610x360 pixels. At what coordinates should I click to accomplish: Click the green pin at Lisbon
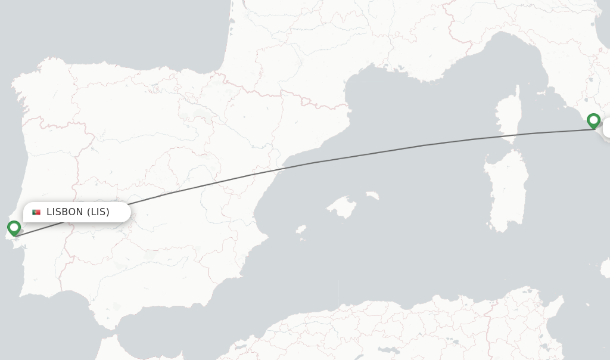pyautogui.click(x=14, y=228)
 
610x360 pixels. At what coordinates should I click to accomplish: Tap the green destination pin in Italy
pyautogui.click(x=593, y=120)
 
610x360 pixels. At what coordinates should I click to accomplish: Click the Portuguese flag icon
pyautogui.click(x=36, y=212)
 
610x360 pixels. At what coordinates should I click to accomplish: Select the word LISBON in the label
pyautogui.click(x=65, y=212)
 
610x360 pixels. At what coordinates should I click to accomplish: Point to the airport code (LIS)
pyautogui.click(x=98, y=212)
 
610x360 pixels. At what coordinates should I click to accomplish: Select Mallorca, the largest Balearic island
pyautogui.click(x=342, y=206)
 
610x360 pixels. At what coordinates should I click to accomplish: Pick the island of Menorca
pyautogui.click(x=372, y=195)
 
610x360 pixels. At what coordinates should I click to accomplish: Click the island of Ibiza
pyautogui.click(x=301, y=229)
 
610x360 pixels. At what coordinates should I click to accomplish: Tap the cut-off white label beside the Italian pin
pyautogui.click(x=606, y=128)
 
